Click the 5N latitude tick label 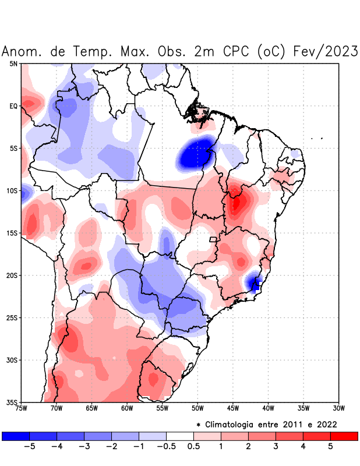[x=14, y=63]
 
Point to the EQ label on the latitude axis [x=14, y=106]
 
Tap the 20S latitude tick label [x=13, y=275]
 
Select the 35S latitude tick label [x=13, y=402]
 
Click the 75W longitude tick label [x=22, y=408]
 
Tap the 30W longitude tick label [x=338, y=408]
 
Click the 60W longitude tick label [x=126, y=408]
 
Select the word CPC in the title [x=236, y=52]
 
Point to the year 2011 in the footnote [x=294, y=424]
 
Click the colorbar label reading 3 [x=276, y=447]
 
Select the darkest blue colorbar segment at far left [x=15, y=436]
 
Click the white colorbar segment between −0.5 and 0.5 [x=179, y=436]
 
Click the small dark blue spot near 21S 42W [x=255, y=284]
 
